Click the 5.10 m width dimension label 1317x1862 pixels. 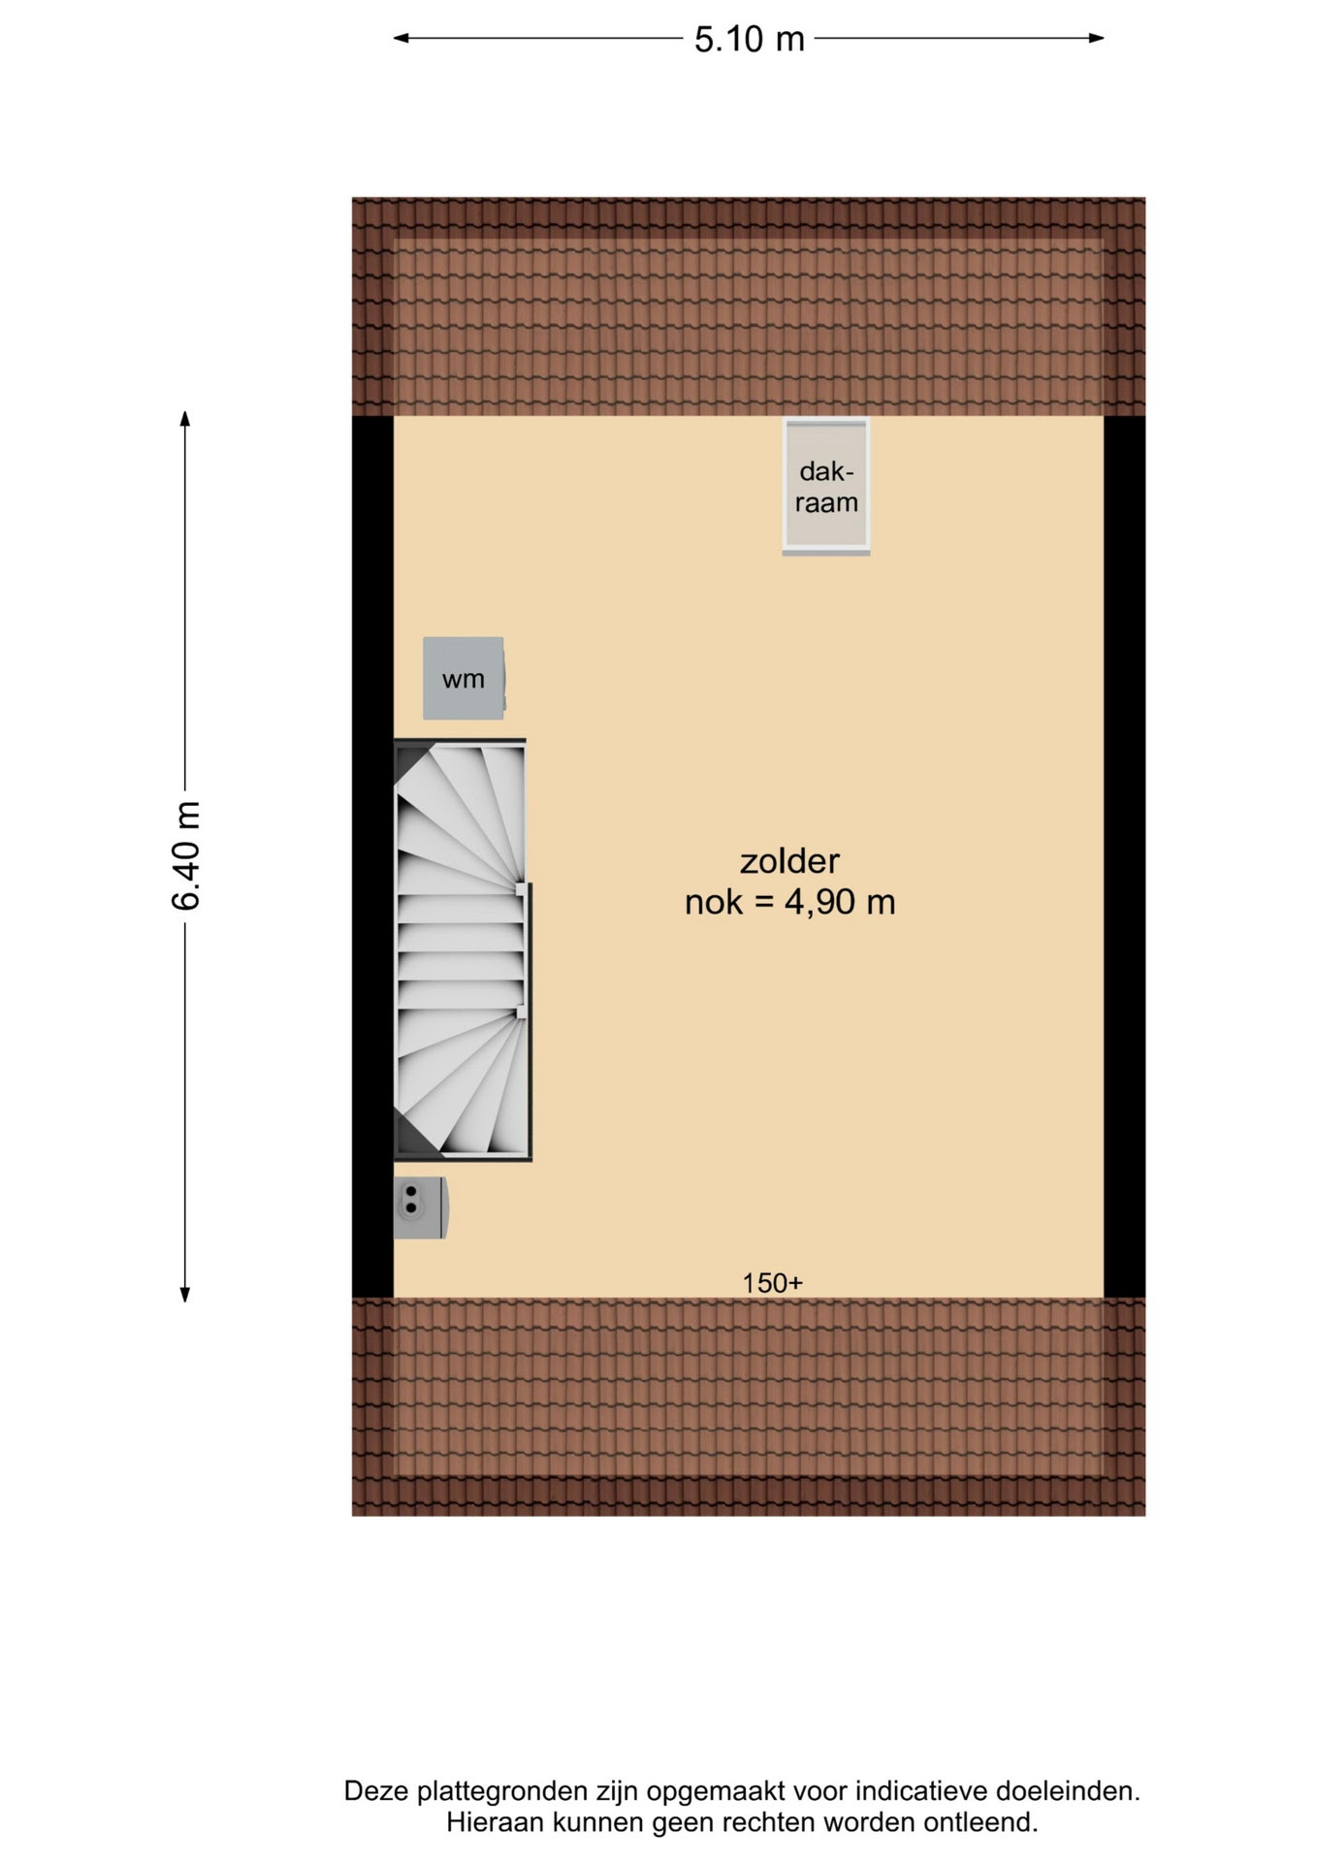749,39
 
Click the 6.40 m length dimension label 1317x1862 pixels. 185,855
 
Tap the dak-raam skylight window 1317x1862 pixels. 826,486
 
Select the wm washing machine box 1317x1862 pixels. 464,678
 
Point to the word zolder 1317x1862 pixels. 789,860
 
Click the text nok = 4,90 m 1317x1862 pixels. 789,902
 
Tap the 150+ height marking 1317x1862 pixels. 772,1283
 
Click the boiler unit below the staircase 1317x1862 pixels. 420,1207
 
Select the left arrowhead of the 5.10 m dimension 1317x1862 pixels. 401,39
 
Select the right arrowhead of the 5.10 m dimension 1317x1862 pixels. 1097,39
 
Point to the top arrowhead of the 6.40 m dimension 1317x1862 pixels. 185,419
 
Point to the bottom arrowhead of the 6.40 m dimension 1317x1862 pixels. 185,1294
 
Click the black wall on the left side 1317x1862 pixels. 372,856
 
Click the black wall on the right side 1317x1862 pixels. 1125,856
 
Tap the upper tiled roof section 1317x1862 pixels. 749,306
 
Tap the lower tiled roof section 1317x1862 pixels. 749,1406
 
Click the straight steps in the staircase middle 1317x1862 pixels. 461,950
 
